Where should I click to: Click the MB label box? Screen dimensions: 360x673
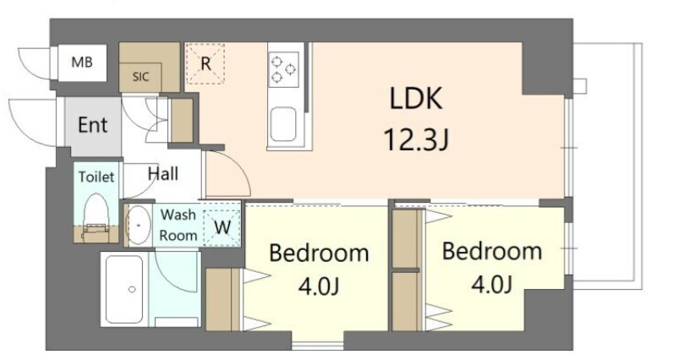[x=82, y=62]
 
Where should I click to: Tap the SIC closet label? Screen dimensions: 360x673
[x=141, y=77]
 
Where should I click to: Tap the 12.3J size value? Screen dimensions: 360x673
[x=416, y=139]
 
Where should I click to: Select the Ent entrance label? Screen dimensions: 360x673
[x=92, y=125]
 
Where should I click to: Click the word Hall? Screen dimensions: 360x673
[x=162, y=174]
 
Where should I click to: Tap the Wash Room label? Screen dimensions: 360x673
[x=179, y=225]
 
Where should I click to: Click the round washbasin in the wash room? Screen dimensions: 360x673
[x=138, y=226]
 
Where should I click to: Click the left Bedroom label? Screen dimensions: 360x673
[x=319, y=254]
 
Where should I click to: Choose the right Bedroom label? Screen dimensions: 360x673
[x=492, y=251]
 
